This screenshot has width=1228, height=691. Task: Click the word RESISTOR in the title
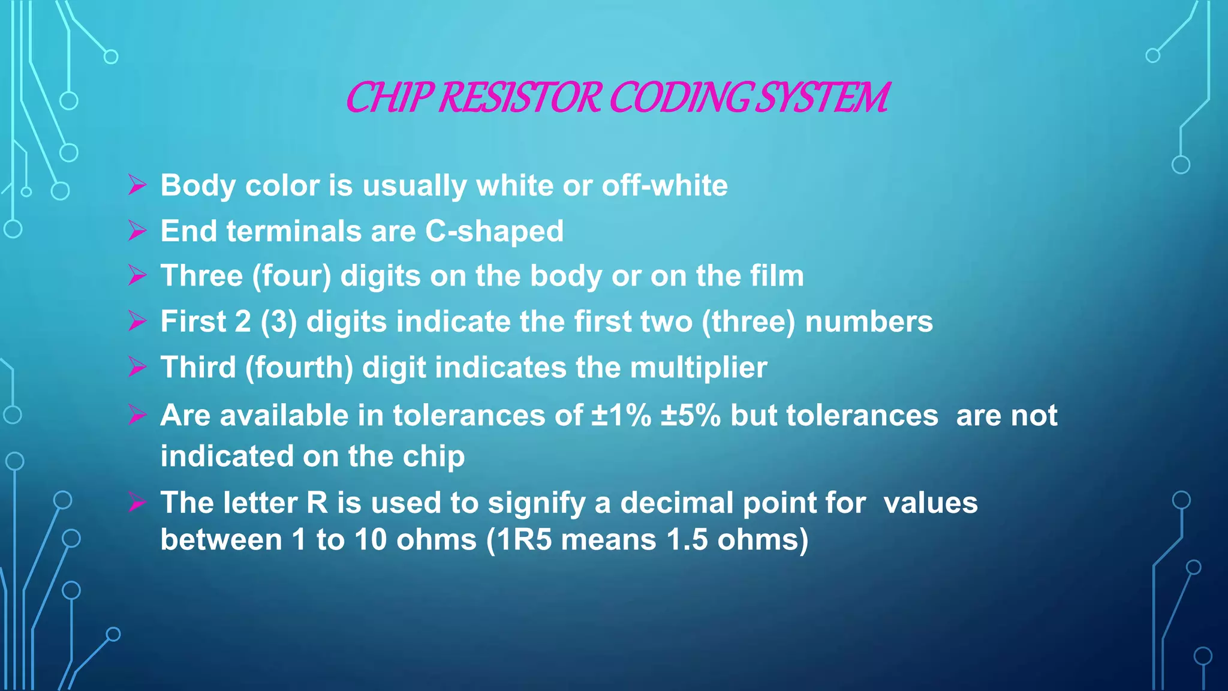point(519,97)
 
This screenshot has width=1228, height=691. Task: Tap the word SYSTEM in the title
point(821,97)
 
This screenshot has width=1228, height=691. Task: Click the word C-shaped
point(494,231)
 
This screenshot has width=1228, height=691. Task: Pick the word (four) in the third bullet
point(291,276)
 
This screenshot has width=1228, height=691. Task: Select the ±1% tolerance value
point(621,415)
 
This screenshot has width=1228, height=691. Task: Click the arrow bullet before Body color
point(137,185)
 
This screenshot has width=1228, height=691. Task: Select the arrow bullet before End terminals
point(137,230)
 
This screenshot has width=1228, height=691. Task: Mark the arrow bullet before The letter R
point(137,502)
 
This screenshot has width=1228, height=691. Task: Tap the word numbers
point(869,322)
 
